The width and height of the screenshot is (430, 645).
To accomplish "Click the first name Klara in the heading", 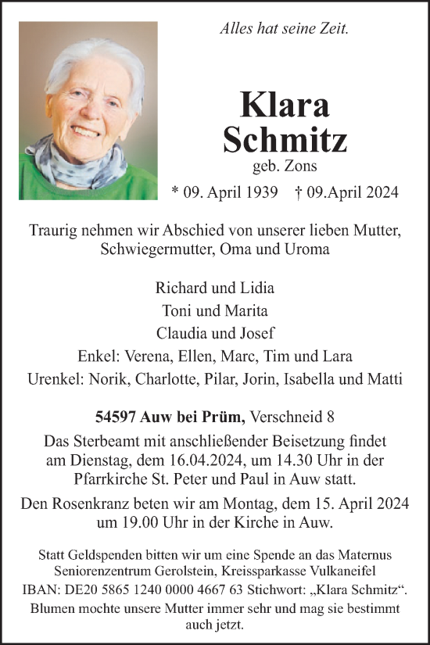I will tap(285, 105).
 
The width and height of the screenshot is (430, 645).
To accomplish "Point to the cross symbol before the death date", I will tap(299, 192).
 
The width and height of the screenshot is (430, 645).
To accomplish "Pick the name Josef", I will tap(255, 332).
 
